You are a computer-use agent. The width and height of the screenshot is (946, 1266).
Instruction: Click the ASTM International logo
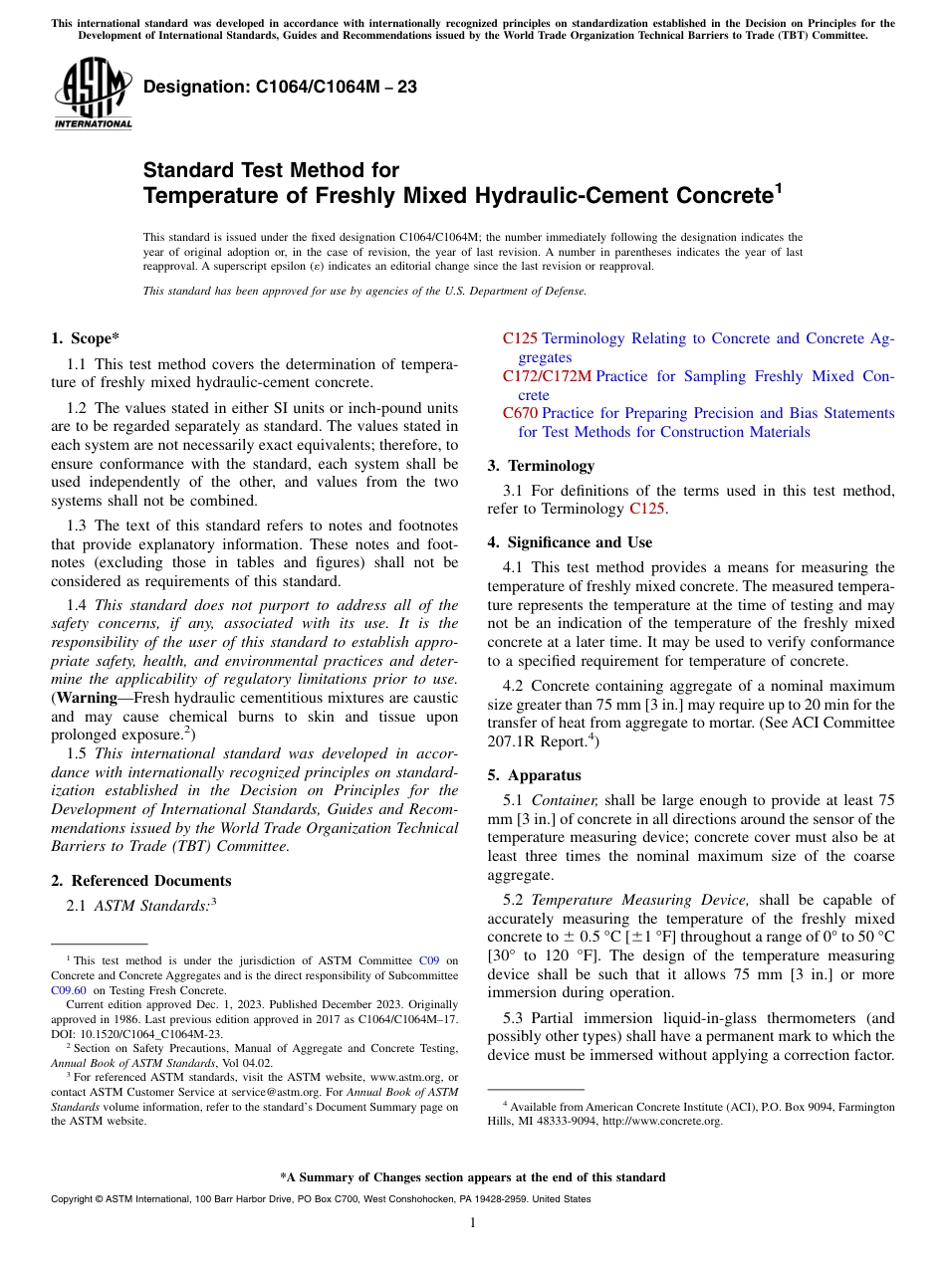click(x=92, y=95)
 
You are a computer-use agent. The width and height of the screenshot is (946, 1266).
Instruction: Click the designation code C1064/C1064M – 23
click(x=280, y=88)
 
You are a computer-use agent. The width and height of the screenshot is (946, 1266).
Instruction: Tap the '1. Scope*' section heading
click(x=86, y=338)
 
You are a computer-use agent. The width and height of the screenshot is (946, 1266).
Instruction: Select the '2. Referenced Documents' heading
click(x=141, y=881)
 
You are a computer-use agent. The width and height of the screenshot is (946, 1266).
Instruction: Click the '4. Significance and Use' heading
click(x=570, y=542)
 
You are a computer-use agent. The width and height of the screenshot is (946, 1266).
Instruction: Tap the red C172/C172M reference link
click(x=547, y=376)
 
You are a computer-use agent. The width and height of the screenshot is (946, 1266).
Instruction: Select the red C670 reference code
click(x=520, y=413)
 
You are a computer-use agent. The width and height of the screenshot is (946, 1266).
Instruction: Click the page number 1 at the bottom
click(x=473, y=1222)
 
